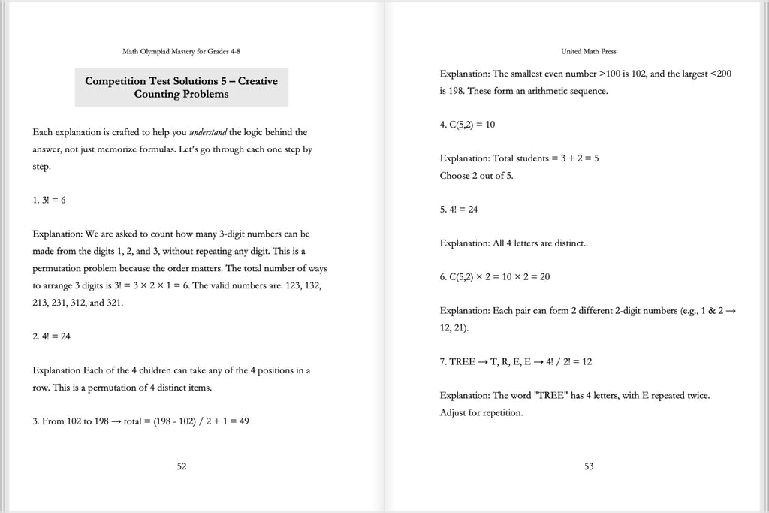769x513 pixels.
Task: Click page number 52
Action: point(182,466)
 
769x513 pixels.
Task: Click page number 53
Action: point(589,466)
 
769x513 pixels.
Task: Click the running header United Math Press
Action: point(589,51)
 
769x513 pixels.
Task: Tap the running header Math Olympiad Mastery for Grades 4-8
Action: point(181,51)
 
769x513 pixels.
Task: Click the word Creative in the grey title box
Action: point(257,80)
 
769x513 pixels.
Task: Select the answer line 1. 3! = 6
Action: point(54,200)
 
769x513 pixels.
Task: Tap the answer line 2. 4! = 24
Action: point(52,336)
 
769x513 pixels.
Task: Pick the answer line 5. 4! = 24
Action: point(459,210)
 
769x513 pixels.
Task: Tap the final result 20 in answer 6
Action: point(544,277)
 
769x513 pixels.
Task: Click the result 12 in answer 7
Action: point(587,361)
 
